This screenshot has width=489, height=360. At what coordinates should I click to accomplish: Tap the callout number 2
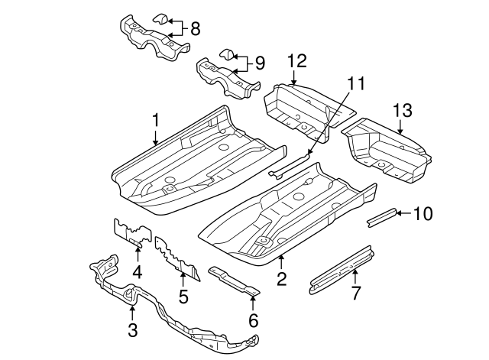[281, 280]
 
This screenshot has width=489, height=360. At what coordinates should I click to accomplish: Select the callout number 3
[132, 329]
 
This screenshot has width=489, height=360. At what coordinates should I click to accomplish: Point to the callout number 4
[138, 271]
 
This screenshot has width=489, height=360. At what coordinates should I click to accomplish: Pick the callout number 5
[183, 294]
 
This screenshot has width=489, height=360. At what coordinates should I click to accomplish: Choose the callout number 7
[355, 294]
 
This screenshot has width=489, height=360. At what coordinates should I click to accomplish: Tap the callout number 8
[195, 29]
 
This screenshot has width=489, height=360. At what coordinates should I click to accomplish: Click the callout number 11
[354, 80]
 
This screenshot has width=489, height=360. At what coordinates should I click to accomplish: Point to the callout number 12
[296, 60]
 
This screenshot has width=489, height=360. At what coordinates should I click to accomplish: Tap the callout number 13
[402, 112]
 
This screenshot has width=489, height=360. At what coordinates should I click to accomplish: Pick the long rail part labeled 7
[340, 270]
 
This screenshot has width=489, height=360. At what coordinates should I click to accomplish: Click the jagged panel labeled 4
[131, 232]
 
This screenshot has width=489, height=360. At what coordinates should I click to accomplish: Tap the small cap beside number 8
[162, 20]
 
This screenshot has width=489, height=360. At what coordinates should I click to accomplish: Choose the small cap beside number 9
[227, 53]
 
